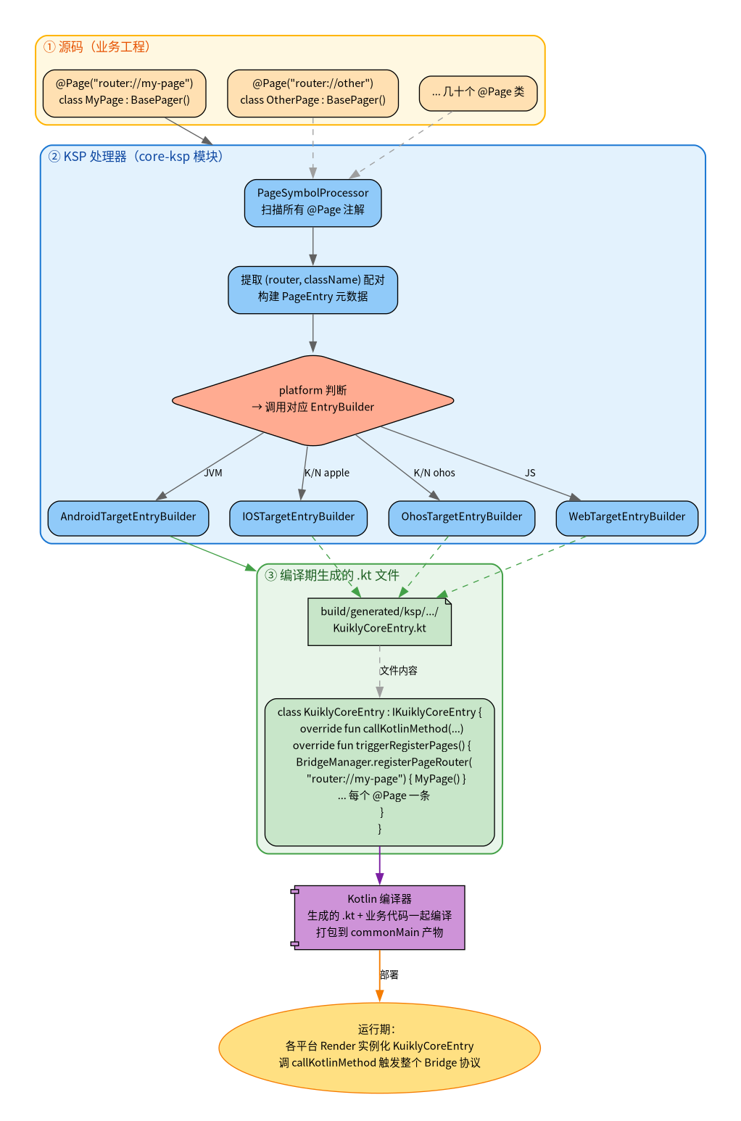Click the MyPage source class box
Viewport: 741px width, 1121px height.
[x=125, y=94]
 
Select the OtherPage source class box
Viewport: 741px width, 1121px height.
[x=312, y=94]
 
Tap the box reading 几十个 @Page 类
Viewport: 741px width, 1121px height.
[x=478, y=93]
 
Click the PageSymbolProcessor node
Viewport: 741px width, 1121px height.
[x=312, y=203]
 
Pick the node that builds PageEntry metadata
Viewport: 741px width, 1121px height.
[x=312, y=290]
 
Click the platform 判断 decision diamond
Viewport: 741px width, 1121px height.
[x=312, y=400]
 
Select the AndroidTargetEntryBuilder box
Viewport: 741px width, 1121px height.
[x=128, y=518]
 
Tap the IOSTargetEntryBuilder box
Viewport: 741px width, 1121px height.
[x=298, y=518]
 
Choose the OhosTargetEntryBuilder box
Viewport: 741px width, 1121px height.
[x=461, y=518]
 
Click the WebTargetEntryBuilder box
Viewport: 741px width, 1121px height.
[x=627, y=518]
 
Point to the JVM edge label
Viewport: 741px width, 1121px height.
[x=213, y=473]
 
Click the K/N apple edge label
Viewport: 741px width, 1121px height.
[x=327, y=473]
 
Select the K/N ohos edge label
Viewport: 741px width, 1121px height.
[x=434, y=473]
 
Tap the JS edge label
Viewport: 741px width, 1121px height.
[x=530, y=473]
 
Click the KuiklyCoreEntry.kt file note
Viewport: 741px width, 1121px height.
[x=379, y=621]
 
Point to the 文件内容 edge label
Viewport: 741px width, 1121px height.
[x=398, y=671]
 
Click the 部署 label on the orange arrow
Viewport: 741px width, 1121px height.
[x=389, y=975]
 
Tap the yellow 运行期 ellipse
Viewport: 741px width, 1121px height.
[x=379, y=1048]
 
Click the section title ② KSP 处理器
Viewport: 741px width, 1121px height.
[x=136, y=157]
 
